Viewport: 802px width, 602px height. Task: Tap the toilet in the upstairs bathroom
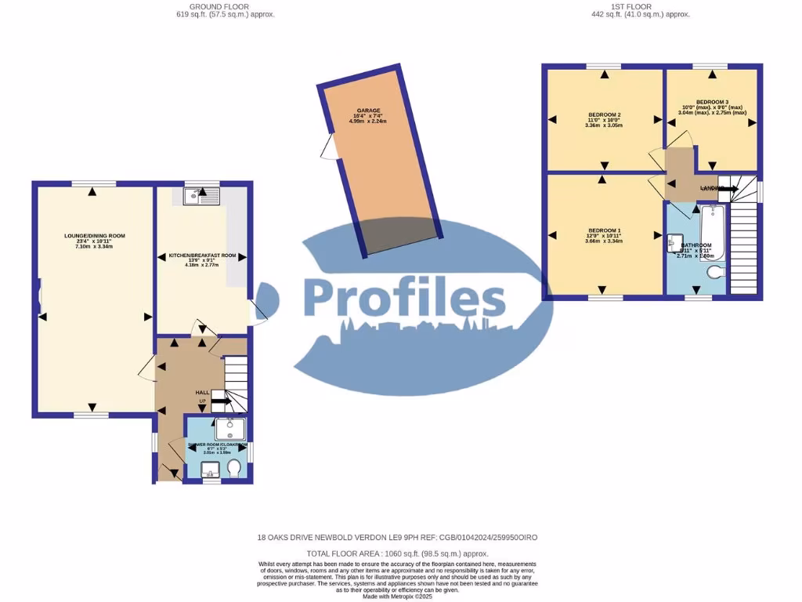click(714, 273)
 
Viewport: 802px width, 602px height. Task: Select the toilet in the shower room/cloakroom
click(233, 468)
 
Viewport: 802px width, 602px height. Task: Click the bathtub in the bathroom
click(712, 231)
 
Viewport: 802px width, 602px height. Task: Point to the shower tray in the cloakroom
click(229, 429)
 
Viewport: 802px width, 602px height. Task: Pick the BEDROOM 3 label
click(712, 102)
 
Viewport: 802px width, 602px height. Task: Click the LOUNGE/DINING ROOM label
click(94, 236)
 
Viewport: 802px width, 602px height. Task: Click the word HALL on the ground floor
click(203, 392)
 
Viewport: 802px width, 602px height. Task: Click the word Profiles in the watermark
click(404, 299)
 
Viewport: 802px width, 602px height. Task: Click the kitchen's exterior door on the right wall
click(258, 312)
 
